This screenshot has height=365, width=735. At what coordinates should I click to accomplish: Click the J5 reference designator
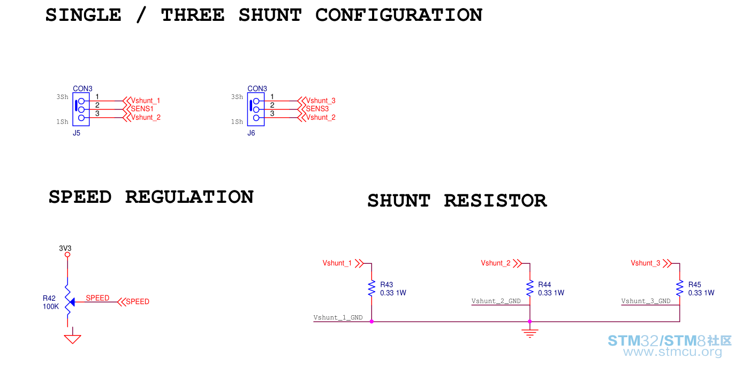click(x=77, y=133)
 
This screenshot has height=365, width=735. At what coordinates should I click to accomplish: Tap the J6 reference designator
click(x=251, y=133)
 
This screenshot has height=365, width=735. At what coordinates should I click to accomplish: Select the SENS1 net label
click(x=142, y=109)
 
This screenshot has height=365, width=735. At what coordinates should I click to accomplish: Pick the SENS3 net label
click(x=317, y=109)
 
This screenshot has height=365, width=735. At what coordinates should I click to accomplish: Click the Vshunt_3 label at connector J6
click(x=321, y=101)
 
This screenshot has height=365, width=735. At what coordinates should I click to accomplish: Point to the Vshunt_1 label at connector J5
click(x=146, y=101)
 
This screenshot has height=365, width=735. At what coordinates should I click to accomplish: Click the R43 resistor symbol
click(x=372, y=288)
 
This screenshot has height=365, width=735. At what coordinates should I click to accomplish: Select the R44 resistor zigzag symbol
click(x=529, y=288)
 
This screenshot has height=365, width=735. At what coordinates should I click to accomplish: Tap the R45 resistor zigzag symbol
click(x=679, y=288)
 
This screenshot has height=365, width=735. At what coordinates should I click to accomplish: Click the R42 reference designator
click(x=49, y=298)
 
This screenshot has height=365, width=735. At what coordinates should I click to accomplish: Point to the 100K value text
click(x=51, y=307)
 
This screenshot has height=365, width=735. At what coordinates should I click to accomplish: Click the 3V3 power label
click(x=65, y=248)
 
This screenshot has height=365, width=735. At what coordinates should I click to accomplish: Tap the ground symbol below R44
click(x=529, y=333)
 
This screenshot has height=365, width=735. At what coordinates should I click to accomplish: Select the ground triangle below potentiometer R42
click(x=72, y=339)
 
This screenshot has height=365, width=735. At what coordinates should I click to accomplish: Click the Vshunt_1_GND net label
click(x=338, y=317)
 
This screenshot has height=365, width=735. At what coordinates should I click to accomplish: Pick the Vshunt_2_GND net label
click(x=496, y=301)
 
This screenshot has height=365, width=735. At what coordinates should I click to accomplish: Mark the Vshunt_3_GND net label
click(x=646, y=301)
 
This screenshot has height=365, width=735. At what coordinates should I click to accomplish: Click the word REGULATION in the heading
click(x=190, y=197)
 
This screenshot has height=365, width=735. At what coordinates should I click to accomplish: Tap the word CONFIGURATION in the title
click(x=399, y=15)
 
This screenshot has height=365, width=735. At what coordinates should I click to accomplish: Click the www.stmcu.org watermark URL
click(x=673, y=352)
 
